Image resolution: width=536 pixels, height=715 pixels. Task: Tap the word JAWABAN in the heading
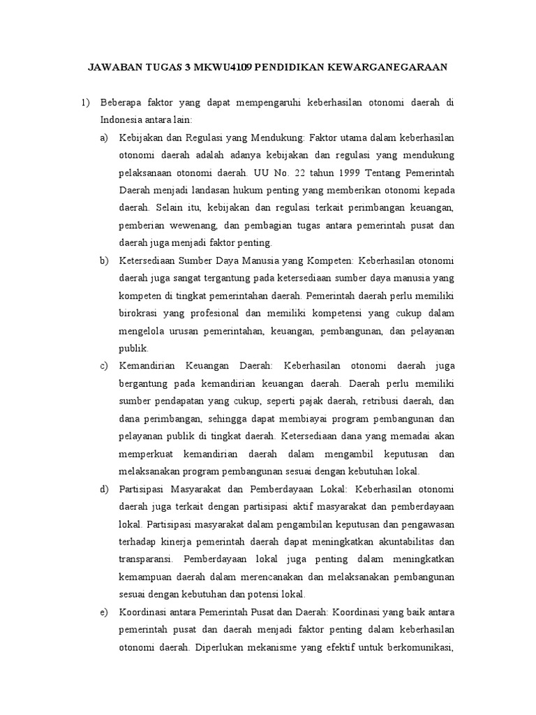coord(114,67)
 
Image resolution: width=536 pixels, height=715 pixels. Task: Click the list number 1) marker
coord(86,103)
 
